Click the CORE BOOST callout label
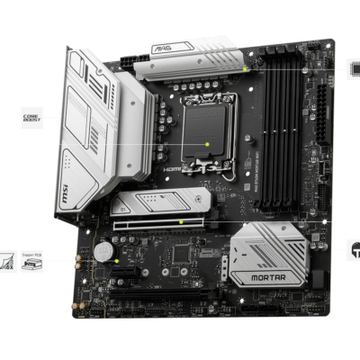tap(31, 117)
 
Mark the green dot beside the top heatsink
tap(245, 69)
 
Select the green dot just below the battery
tap(116, 262)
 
